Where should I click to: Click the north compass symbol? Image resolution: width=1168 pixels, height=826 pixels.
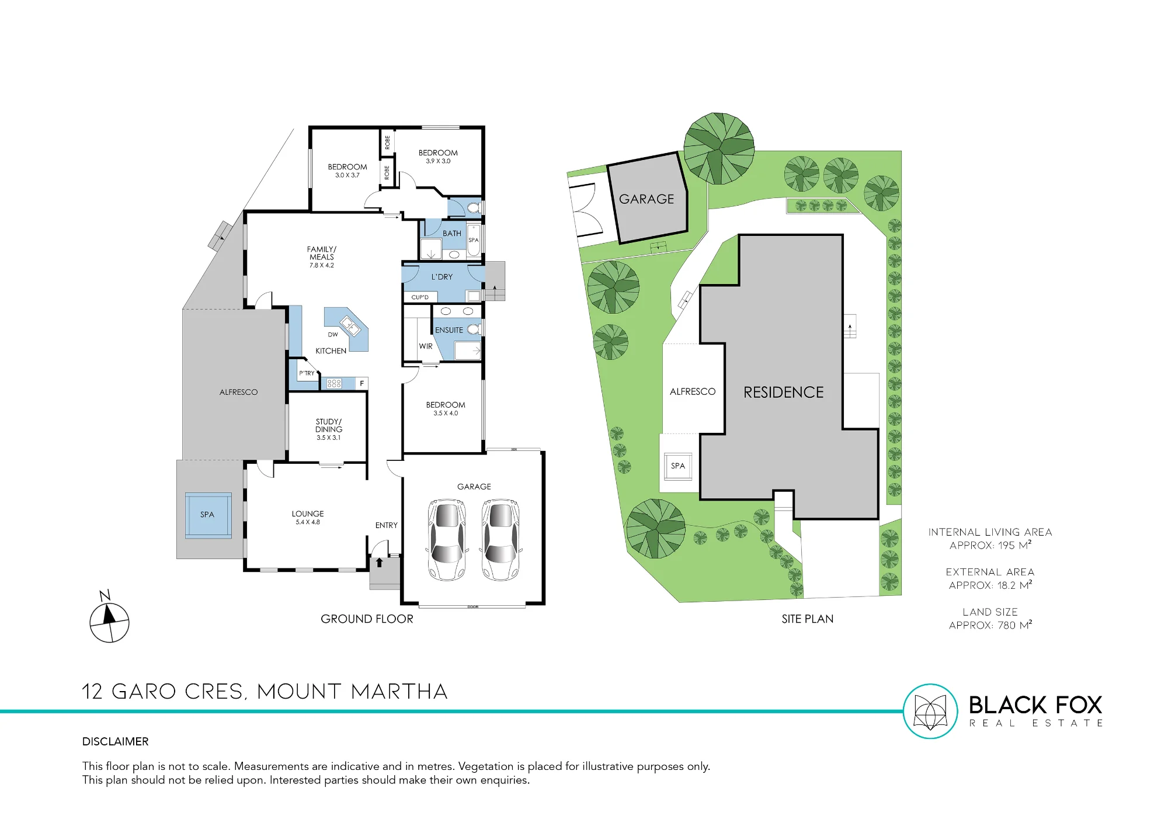click(109, 618)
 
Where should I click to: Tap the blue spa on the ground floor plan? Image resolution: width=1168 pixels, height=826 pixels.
click(208, 515)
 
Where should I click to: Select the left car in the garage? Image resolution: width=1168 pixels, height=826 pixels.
click(447, 539)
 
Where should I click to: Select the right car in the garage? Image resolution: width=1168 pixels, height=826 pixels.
click(500, 539)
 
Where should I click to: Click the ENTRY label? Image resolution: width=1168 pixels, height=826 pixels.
click(386, 525)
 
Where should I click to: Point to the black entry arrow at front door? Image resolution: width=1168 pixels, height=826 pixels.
click(379, 563)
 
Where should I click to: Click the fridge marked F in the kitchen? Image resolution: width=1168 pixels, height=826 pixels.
click(362, 383)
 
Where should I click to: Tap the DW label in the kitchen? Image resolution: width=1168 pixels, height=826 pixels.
click(333, 335)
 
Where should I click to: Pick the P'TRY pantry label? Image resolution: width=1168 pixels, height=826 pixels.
click(307, 373)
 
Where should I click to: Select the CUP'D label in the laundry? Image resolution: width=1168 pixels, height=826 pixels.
click(420, 297)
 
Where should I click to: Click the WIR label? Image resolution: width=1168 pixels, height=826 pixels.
click(426, 346)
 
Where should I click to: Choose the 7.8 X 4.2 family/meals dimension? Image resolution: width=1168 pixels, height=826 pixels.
click(322, 265)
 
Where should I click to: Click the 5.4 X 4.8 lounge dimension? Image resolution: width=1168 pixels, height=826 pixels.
click(308, 522)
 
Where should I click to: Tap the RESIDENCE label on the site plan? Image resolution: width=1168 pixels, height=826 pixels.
click(784, 393)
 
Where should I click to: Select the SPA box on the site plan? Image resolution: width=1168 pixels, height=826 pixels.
click(678, 466)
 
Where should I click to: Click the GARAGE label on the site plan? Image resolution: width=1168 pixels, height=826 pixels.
click(646, 199)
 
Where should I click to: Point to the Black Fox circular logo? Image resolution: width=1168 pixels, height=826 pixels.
click(930, 711)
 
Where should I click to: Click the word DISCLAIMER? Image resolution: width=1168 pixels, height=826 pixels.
click(116, 741)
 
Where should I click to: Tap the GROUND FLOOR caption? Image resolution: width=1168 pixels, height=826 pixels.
click(367, 619)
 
